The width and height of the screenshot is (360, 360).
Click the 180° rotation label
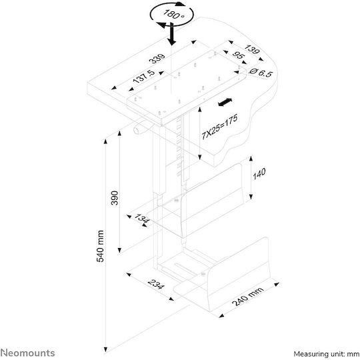174,14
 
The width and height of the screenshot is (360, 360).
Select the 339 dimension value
157,59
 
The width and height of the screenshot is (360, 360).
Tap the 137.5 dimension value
144,77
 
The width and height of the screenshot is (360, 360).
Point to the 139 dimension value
252,49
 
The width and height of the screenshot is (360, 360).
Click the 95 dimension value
238,55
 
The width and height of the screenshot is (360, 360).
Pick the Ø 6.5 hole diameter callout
261,73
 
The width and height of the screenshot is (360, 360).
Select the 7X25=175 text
219,127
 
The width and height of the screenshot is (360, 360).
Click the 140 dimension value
259,173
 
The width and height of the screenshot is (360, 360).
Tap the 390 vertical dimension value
115,198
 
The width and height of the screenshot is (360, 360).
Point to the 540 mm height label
100,246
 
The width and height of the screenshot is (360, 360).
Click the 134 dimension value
141,217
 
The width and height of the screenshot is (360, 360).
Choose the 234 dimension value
156,284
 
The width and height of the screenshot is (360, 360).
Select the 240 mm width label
248,297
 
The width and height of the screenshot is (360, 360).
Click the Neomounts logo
27,353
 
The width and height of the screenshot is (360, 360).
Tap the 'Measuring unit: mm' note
327,354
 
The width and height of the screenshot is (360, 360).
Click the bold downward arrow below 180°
171,34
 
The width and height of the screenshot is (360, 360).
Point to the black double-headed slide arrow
225,102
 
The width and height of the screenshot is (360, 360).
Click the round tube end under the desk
136,131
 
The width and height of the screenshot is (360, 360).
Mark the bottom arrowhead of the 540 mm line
105,349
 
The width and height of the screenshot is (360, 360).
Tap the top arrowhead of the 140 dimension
251,159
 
